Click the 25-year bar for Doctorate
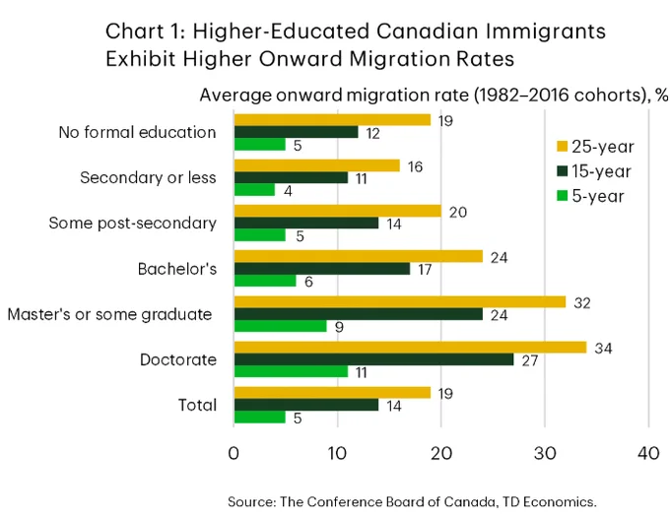(x=410, y=348)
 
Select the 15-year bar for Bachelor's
(x=322, y=269)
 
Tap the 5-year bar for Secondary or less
(x=254, y=190)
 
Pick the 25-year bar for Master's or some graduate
(x=400, y=302)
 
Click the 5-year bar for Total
(x=260, y=418)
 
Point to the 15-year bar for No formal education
(x=297, y=132)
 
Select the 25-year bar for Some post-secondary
(x=338, y=211)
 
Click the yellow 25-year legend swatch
(x=562, y=147)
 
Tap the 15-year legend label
(x=601, y=171)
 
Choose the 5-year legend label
(x=598, y=196)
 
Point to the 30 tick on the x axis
(x=545, y=453)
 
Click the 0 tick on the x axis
(x=234, y=453)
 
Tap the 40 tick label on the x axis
(x=648, y=453)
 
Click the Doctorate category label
(x=178, y=359)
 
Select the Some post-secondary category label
(x=132, y=223)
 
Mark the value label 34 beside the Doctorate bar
(x=603, y=349)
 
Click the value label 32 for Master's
(x=582, y=303)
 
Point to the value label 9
(x=339, y=327)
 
